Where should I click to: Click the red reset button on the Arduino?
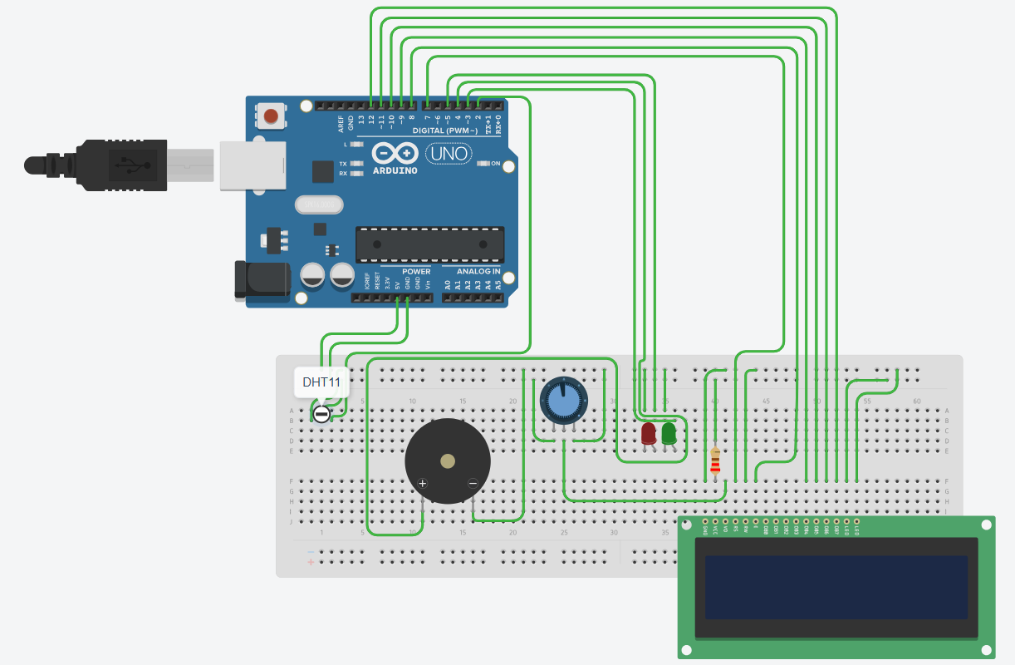[271, 116]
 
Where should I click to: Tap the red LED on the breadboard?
[649, 433]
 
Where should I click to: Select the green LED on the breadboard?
[669, 432]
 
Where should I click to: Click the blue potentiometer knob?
[562, 401]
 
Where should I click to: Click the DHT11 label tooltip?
[321, 382]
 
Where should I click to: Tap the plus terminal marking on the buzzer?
[422, 483]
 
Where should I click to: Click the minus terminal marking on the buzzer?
[473, 483]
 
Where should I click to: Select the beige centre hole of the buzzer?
[448, 461]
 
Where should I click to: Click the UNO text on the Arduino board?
[449, 154]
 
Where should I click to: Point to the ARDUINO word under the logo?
[395, 170]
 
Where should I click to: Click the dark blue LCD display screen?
[836, 587]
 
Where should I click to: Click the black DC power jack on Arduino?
[261, 279]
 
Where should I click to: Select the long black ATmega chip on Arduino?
[429, 244]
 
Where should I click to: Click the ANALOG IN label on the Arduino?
[478, 272]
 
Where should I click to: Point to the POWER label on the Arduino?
[416, 272]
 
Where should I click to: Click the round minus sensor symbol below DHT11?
[321, 412]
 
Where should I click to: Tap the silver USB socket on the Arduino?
[253, 166]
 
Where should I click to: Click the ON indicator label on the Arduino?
[495, 164]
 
